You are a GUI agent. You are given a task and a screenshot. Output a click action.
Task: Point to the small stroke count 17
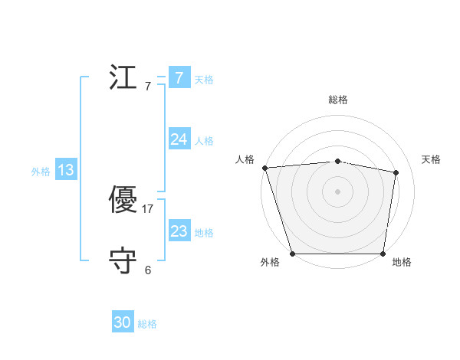[148, 209]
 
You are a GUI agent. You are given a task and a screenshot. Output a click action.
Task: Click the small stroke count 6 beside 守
[148, 270]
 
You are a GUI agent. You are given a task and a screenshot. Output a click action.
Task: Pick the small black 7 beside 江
[148, 86]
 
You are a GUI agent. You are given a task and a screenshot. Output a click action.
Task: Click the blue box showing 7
[179, 78]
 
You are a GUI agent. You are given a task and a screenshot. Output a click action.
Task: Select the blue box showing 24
[179, 139]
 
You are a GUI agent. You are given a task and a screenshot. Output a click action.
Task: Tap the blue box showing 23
[179, 231]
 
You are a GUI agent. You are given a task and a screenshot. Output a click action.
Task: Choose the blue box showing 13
[66, 170]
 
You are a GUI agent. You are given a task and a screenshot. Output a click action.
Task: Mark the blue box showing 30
[123, 323]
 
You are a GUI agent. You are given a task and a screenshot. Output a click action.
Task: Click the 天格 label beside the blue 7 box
[204, 79]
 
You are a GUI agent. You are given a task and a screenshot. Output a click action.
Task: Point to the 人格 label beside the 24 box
[204, 140]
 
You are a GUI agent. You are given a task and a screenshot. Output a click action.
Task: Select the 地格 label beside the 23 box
[204, 232]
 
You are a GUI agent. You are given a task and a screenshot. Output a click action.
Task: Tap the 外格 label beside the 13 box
[41, 172]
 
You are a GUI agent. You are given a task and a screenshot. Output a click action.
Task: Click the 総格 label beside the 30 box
[148, 324]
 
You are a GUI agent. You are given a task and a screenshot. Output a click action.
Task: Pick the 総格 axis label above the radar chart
[337, 100]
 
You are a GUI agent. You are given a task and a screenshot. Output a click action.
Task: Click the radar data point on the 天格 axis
[396, 172]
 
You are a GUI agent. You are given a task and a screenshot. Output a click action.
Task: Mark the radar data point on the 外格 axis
[292, 254]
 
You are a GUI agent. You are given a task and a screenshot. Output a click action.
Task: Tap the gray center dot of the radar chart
[337, 191]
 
